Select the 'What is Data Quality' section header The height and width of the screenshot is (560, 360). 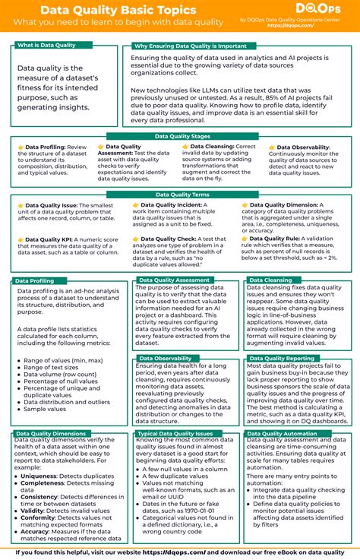(x=46, y=46)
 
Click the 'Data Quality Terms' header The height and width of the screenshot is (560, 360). (x=180, y=195)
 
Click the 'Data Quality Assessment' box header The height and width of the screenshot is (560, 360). (x=175, y=280)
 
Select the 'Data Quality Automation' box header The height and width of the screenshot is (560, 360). (x=282, y=434)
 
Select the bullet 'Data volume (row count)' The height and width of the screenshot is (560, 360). (x=59, y=375)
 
